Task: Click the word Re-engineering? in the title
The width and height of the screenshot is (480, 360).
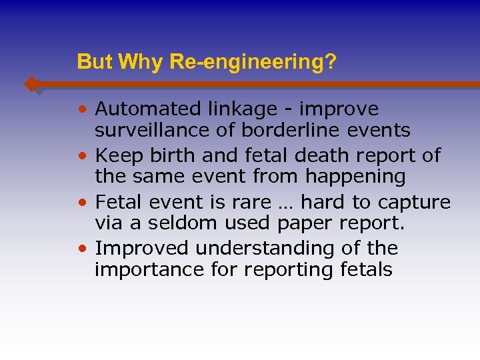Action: (253, 63)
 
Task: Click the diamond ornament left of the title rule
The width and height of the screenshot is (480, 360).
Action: (31, 84)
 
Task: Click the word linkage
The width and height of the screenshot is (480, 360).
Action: (230, 109)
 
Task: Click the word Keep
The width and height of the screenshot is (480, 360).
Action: (116, 155)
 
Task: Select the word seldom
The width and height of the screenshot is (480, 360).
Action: (179, 223)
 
